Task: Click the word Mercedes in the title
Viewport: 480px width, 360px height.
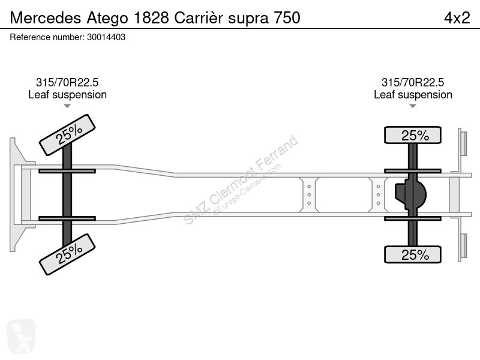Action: click(46, 18)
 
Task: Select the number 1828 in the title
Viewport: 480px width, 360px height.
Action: click(151, 18)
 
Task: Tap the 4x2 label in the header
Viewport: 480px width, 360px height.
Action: click(457, 18)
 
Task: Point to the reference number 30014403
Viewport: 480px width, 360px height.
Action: click(106, 37)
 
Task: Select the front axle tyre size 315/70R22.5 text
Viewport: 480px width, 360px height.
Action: click(67, 82)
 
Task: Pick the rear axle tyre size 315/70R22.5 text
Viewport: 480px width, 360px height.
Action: click(413, 82)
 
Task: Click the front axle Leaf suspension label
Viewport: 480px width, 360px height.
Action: click(67, 95)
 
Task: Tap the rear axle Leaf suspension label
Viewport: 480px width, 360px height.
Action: click(413, 95)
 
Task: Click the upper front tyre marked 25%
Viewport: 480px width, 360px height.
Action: click(67, 135)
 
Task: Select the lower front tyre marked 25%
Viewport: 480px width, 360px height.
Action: click(67, 254)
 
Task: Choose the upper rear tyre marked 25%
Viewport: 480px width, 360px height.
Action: click(413, 135)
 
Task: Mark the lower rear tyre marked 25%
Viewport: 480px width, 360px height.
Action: click(413, 254)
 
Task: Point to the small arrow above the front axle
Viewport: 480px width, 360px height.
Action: click(67, 106)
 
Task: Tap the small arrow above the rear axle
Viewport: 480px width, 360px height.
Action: click(413, 106)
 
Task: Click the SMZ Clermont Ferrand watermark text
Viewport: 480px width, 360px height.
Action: click(241, 180)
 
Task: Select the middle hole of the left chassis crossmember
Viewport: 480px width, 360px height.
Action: click(309, 194)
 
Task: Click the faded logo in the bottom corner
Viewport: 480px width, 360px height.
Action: click(21, 337)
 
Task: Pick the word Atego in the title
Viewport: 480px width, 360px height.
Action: click(107, 19)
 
